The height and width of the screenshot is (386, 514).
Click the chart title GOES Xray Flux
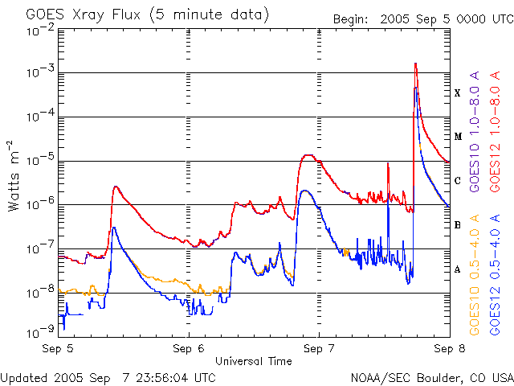[x=147, y=14]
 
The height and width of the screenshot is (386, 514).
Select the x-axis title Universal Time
[x=253, y=361]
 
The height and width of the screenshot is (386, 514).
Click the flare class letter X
[x=458, y=93]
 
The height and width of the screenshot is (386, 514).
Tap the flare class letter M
[x=458, y=137]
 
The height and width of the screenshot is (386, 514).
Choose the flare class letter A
[x=458, y=269]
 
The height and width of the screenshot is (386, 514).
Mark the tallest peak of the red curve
[x=415, y=64]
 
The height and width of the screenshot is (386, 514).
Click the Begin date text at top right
[x=424, y=18]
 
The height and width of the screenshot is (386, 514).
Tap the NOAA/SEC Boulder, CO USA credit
[x=431, y=377]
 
